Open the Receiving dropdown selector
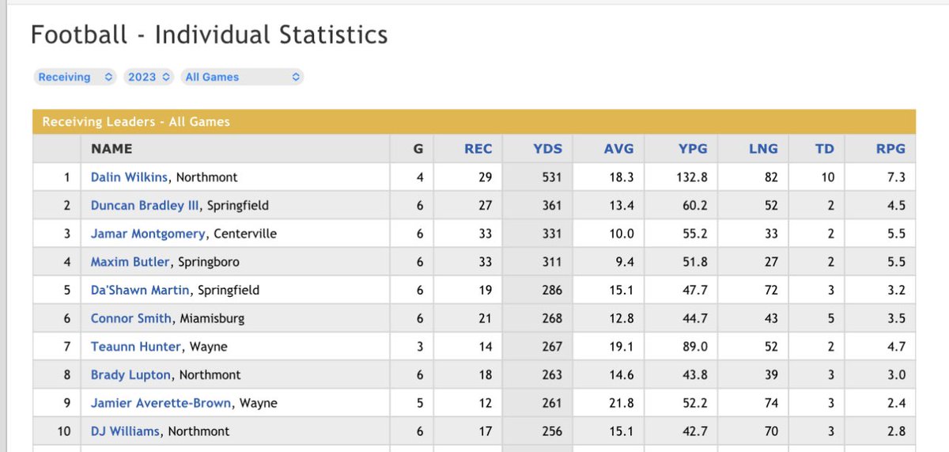(x=75, y=77)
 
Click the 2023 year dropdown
(x=149, y=77)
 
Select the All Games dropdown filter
(x=242, y=77)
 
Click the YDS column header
(x=547, y=149)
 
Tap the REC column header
(x=478, y=149)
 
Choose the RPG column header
(x=890, y=149)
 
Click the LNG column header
(x=763, y=149)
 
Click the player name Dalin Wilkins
(x=129, y=177)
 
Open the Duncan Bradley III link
(x=145, y=205)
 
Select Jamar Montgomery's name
(x=148, y=234)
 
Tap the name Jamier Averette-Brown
(x=161, y=403)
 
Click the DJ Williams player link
(x=125, y=431)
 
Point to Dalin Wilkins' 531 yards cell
(x=552, y=177)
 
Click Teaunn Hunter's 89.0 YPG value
(x=695, y=347)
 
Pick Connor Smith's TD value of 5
(x=831, y=318)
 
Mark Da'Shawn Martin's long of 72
(x=771, y=290)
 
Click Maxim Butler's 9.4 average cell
(x=625, y=261)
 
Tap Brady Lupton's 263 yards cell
(x=552, y=375)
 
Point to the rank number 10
(x=64, y=431)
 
